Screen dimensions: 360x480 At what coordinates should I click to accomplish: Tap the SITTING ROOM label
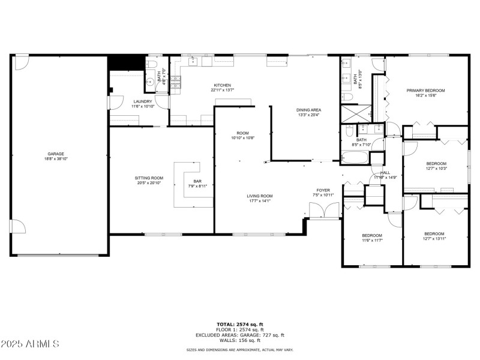(x=149, y=178)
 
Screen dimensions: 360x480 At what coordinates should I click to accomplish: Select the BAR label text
(x=197, y=181)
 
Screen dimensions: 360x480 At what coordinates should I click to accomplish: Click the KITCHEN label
(x=223, y=85)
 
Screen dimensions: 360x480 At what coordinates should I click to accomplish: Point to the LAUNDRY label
(x=143, y=101)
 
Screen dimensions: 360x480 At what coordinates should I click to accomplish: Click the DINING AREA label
(x=309, y=110)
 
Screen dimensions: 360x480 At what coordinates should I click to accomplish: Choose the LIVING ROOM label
(x=260, y=196)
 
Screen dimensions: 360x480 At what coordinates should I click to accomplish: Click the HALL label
(x=385, y=172)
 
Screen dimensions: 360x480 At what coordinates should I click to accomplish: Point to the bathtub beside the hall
(x=355, y=158)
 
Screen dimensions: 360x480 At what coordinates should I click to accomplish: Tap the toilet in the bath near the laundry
(x=151, y=65)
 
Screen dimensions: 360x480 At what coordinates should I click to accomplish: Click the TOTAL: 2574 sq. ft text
(x=240, y=324)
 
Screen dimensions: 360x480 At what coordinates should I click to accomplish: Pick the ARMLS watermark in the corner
(x=30, y=344)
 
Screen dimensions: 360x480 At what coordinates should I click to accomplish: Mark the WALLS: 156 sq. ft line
(x=240, y=340)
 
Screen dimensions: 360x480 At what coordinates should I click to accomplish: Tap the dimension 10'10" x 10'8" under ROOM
(x=242, y=138)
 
